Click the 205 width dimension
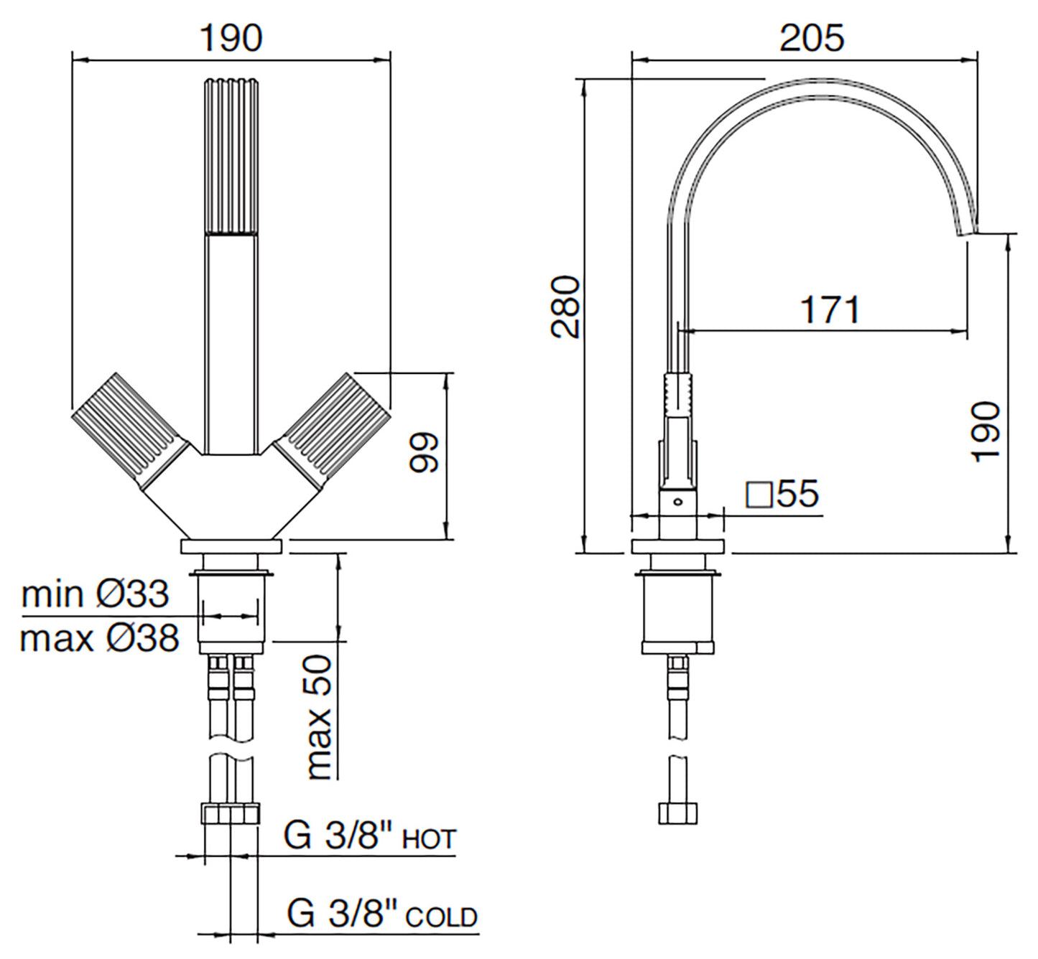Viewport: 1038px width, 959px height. (x=812, y=37)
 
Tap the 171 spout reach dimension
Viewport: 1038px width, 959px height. (x=830, y=310)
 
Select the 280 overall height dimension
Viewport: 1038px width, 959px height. (x=567, y=307)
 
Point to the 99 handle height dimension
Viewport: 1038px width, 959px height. (x=424, y=452)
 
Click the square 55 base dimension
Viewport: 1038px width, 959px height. (x=783, y=494)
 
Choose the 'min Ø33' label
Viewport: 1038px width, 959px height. (x=95, y=594)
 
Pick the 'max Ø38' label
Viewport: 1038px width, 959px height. (x=99, y=637)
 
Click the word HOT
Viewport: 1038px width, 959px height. (x=429, y=840)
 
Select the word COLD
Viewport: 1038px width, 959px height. (x=441, y=917)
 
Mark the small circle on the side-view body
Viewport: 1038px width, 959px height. (x=677, y=502)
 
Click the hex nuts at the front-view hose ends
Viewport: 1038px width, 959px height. (x=231, y=814)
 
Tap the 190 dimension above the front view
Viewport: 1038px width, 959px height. (x=231, y=37)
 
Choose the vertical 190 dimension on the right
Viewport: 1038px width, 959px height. (x=986, y=431)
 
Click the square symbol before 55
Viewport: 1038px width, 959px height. (x=759, y=495)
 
